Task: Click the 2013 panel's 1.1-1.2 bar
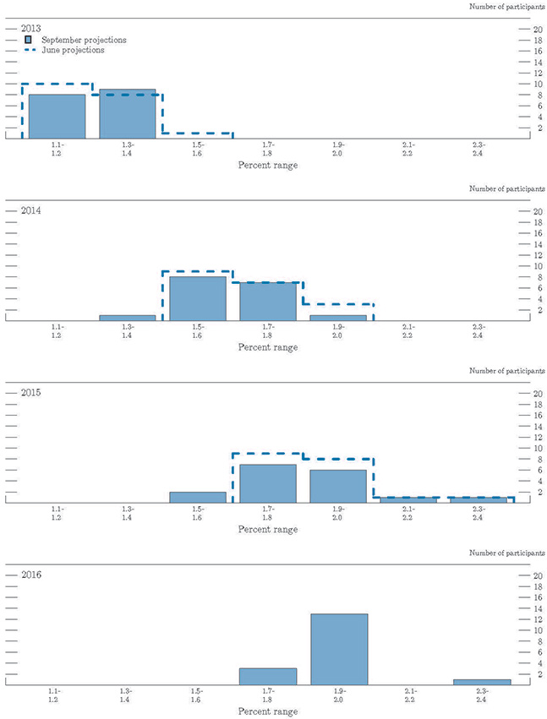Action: [57, 117]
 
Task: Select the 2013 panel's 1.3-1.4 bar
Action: [128, 114]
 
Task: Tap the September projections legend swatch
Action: [30, 40]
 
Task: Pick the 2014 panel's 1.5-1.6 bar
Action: [198, 299]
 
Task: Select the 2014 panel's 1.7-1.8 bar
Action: [268, 302]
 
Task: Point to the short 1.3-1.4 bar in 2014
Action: [128, 318]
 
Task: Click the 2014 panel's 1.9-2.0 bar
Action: [338, 318]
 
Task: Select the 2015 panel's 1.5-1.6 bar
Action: [198, 497]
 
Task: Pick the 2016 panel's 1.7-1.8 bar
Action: [268, 676]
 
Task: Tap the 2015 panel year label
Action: [32, 393]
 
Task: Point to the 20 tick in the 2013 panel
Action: [525, 29]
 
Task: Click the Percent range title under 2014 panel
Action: [268, 347]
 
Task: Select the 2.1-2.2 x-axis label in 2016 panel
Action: [408, 696]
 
